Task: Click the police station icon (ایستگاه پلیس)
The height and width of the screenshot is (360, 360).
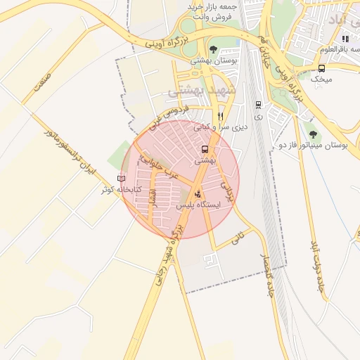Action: (197, 192)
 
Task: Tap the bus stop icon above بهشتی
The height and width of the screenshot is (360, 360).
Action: (205, 149)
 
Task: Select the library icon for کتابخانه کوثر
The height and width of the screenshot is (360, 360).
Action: (121, 179)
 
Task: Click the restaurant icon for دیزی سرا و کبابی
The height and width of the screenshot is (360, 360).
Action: (220, 116)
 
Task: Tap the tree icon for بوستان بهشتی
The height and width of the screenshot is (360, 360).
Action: (213, 50)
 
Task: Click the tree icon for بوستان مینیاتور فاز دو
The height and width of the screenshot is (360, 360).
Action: (312, 133)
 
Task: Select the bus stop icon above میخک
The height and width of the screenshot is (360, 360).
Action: (322, 68)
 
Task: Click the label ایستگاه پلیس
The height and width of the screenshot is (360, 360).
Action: (197, 205)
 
